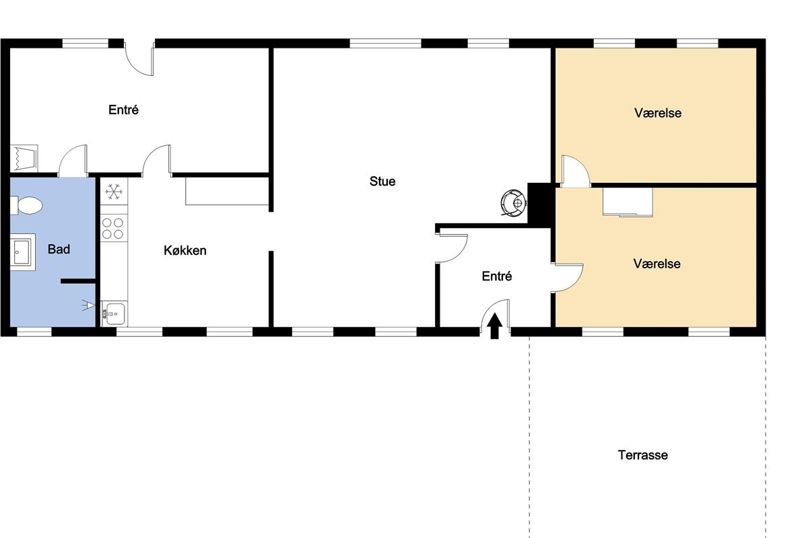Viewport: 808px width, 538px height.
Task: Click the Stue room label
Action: (x=382, y=182)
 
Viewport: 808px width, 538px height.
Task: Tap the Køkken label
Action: (x=185, y=250)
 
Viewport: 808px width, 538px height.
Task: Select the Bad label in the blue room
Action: (x=59, y=249)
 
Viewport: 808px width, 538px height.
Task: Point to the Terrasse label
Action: (x=643, y=455)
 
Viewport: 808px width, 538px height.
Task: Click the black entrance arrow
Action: (x=494, y=325)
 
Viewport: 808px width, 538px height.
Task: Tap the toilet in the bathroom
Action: (x=26, y=205)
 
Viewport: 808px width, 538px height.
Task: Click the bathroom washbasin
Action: (x=22, y=252)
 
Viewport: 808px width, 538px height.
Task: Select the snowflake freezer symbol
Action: (x=114, y=192)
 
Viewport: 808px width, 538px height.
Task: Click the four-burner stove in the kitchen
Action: (x=114, y=229)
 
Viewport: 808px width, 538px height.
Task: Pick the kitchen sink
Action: (x=114, y=314)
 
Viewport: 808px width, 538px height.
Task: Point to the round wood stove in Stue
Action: (x=514, y=204)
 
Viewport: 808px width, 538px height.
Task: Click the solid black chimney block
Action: (x=541, y=204)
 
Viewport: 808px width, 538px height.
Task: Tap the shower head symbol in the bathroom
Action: (x=88, y=305)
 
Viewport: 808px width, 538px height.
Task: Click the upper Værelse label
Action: (x=658, y=113)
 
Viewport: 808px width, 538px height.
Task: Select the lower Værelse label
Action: (x=657, y=264)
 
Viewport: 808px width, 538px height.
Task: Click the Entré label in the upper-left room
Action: (x=123, y=110)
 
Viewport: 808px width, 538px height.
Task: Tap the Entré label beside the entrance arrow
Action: (x=497, y=276)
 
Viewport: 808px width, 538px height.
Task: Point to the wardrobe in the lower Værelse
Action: (x=628, y=202)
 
